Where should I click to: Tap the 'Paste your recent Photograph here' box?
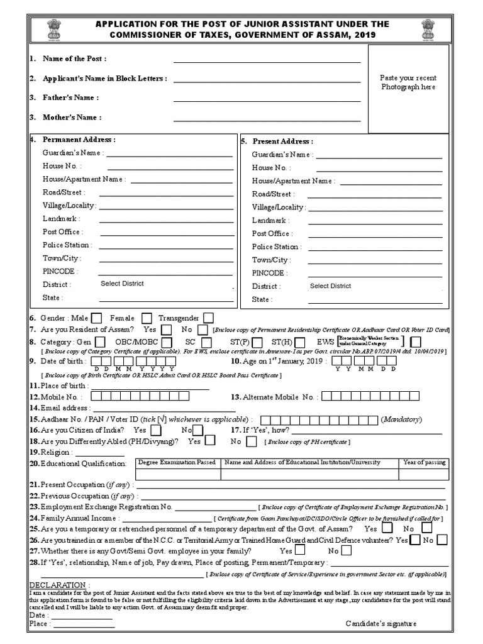408,89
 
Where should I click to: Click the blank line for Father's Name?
267,98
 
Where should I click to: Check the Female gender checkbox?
147,318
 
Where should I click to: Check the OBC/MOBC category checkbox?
174,342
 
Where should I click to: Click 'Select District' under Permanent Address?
122,284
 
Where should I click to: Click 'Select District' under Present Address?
330,286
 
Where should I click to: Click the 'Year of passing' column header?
425,462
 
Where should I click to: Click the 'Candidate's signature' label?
380,624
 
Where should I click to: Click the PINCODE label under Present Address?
270,273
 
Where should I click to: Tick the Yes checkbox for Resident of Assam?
166,330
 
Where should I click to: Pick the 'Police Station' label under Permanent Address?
67,245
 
